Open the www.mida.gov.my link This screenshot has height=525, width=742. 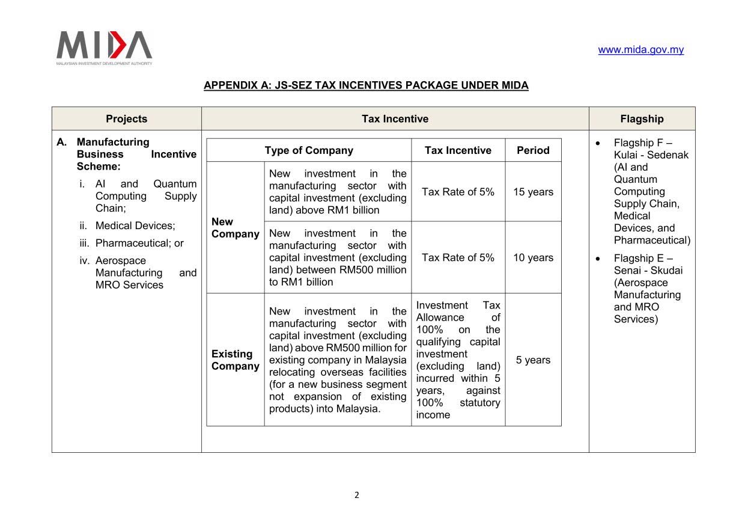tap(640, 50)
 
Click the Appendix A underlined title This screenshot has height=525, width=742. tap(366, 85)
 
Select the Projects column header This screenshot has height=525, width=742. tap(126, 118)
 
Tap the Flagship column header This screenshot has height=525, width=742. tap(642, 118)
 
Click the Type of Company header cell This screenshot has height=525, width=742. tap(309, 150)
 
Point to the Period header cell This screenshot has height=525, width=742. tap(533, 150)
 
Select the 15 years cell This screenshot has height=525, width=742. tap(533, 192)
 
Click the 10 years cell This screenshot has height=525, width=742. tap(533, 257)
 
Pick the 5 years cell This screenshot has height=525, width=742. tap(533, 360)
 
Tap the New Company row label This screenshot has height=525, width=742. tap(235, 228)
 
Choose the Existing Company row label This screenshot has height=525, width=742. tap(235, 360)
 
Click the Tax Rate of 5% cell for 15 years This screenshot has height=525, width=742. tap(458, 192)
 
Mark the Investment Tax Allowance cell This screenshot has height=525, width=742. tap(458, 360)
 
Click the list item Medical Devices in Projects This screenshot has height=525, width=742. tap(135, 226)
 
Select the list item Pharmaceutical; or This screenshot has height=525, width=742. tap(139, 244)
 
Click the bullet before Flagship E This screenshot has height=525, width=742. tap(597, 259)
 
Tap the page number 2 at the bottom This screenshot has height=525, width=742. tap(357, 496)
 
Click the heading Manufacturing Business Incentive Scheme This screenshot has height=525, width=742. tap(136, 154)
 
